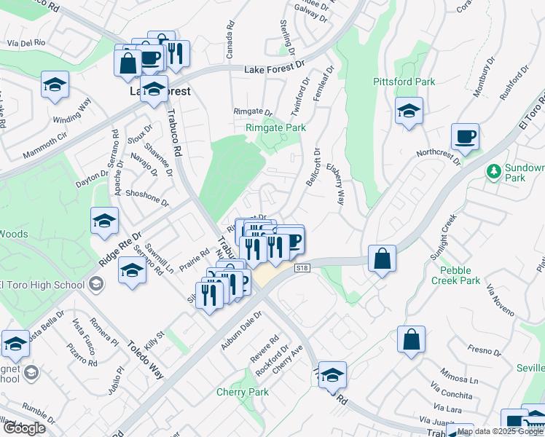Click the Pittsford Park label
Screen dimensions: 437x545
pos(404,82)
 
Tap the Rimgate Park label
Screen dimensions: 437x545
pos(274,127)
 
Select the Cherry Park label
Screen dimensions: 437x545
pos(243,393)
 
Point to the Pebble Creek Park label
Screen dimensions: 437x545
pos(455,275)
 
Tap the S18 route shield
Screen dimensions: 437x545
pos(302,269)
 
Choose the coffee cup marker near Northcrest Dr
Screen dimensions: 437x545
pos(464,135)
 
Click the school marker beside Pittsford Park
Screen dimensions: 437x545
pos(409,111)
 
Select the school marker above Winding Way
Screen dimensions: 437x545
pos(55,85)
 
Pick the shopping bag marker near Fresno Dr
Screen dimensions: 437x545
pos(411,339)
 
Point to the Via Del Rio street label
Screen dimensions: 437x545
pos(26,44)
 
